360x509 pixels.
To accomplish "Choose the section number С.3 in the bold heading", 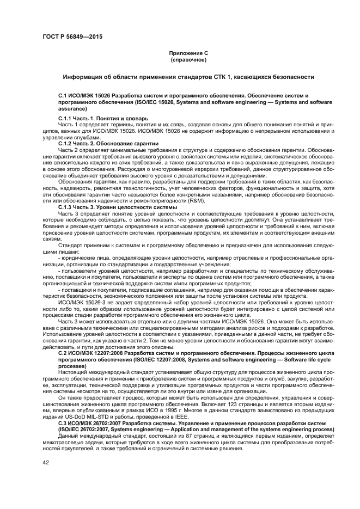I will (63, 424).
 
